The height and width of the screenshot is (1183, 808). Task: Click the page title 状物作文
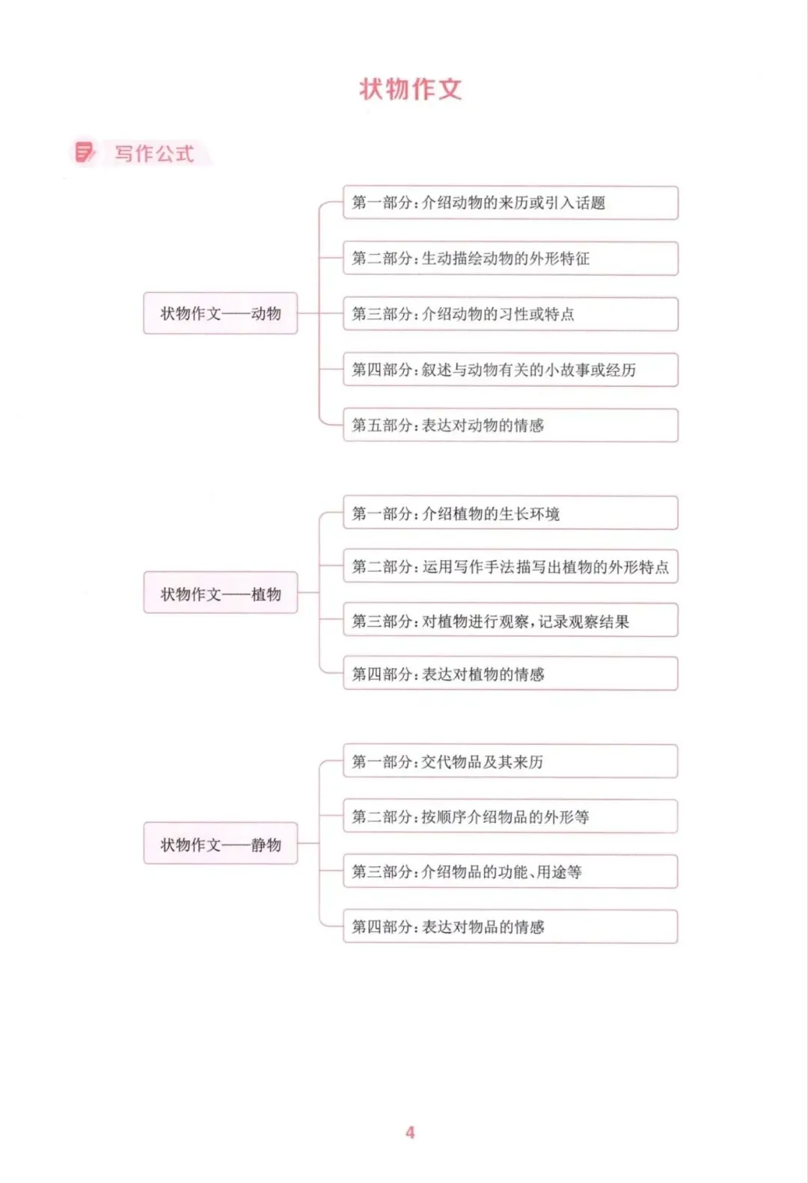pyautogui.click(x=411, y=89)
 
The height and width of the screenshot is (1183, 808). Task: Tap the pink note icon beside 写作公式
pyautogui.click(x=85, y=152)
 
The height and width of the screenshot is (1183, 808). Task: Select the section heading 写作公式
pyautogui.click(x=154, y=153)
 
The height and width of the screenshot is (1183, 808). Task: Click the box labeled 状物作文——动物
pyautogui.click(x=220, y=313)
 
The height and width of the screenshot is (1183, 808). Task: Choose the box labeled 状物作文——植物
pyautogui.click(x=220, y=593)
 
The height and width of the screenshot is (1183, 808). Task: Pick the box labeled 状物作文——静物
pyautogui.click(x=220, y=844)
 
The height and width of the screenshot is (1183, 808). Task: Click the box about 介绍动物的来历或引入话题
pyautogui.click(x=510, y=203)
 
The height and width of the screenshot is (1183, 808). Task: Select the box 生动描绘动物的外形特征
pyautogui.click(x=510, y=258)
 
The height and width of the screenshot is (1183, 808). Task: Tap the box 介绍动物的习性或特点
pyautogui.click(x=510, y=314)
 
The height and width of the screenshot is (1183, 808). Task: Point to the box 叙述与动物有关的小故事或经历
pyautogui.click(x=510, y=369)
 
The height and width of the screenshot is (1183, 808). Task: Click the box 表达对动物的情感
pyautogui.click(x=510, y=425)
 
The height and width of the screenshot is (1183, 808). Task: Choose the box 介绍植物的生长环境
pyautogui.click(x=510, y=513)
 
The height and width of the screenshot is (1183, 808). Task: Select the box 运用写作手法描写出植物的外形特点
pyautogui.click(x=510, y=567)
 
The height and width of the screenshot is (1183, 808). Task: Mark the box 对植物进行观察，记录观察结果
pyautogui.click(x=510, y=620)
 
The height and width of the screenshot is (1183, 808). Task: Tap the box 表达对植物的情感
pyautogui.click(x=510, y=674)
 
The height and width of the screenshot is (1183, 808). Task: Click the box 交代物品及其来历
pyautogui.click(x=510, y=761)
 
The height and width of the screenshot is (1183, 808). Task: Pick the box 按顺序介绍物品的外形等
pyautogui.click(x=510, y=816)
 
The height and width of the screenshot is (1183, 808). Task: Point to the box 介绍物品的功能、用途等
pyautogui.click(x=510, y=872)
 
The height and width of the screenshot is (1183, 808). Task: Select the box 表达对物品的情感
pyautogui.click(x=510, y=927)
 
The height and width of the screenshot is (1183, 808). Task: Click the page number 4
pyautogui.click(x=410, y=1132)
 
